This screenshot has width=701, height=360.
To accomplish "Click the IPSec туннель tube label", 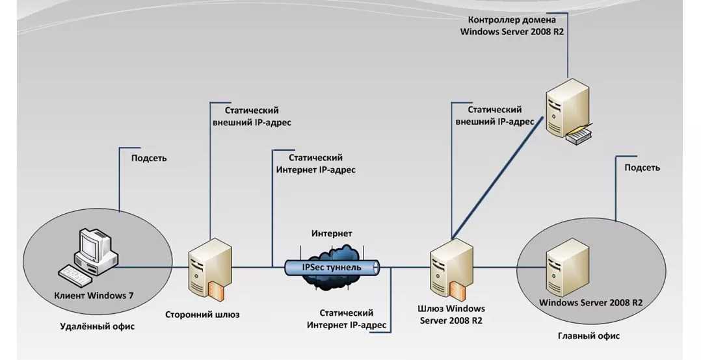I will [x=332, y=267].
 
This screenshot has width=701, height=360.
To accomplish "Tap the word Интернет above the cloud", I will [x=332, y=233].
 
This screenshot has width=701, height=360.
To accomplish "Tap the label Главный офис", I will [x=589, y=336].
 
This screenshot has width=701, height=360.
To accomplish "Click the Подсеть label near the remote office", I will [x=149, y=158].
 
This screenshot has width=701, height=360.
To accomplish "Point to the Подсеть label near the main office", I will [x=642, y=168].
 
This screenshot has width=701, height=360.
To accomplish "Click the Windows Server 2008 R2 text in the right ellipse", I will [x=591, y=303].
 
